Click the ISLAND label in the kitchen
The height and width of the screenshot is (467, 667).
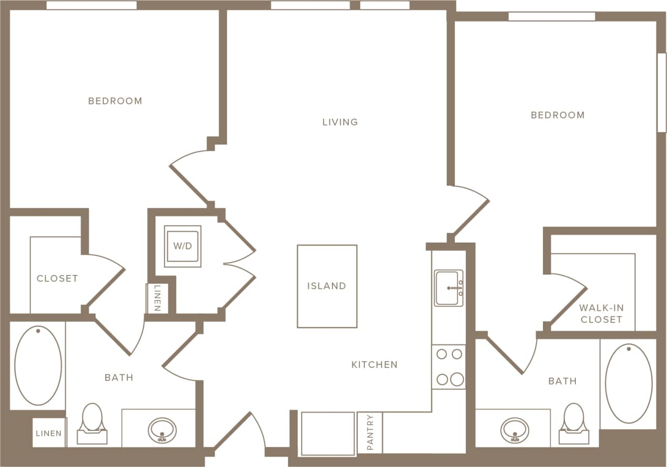327,286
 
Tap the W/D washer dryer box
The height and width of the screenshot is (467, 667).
182,246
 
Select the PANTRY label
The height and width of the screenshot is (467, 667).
370,432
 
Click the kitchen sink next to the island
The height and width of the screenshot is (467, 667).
449,288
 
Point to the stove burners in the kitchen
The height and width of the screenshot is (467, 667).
449,366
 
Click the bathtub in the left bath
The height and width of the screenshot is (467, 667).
38,365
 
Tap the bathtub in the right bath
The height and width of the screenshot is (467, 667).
628,383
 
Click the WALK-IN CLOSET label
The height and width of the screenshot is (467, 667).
601,314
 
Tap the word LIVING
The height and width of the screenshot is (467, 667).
340,122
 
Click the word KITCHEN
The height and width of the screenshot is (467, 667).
374,365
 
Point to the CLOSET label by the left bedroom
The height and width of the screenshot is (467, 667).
57,279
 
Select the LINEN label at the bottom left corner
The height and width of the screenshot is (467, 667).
48,433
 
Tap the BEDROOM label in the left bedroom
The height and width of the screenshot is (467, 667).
115,101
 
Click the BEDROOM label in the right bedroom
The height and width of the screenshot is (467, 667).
558,115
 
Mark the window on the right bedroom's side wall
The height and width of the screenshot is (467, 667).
662,92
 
